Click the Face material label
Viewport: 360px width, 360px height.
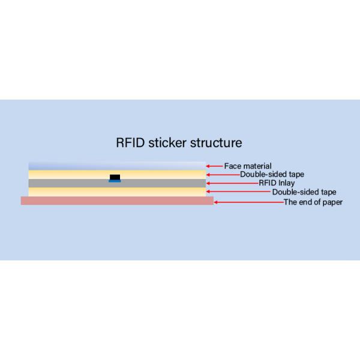(x=248, y=166)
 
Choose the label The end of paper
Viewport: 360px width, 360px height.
(x=313, y=202)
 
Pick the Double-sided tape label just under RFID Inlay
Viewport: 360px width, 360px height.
(x=304, y=193)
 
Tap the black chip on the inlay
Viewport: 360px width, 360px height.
(x=115, y=176)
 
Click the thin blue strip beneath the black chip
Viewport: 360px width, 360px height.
(x=115, y=180)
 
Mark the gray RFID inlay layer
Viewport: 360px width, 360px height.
(x=72, y=183)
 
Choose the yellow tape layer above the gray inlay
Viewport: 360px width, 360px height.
(x=72, y=174)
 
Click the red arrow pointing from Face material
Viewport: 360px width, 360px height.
(x=214, y=166)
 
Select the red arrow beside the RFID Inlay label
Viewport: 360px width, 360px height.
(x=232, y=183)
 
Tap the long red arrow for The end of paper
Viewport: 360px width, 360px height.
(x=248, y=202)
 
